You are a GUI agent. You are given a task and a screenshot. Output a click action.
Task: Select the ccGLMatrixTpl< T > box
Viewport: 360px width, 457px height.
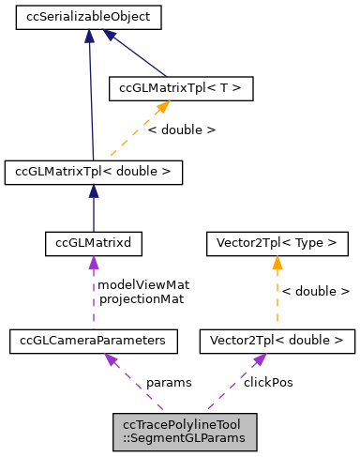pos(181,89)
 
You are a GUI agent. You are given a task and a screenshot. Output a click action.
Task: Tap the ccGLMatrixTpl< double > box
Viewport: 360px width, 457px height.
pos(93,172)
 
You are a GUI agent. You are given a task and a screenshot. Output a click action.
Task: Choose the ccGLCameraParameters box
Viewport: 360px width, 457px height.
pos(93,342)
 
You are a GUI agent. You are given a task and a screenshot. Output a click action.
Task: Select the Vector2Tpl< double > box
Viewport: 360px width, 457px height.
pos(277,342)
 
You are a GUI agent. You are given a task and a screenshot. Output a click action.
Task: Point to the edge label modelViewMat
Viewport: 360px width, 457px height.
pos(138,284)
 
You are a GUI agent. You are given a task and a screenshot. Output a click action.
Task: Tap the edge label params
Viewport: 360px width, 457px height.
pos(169,383)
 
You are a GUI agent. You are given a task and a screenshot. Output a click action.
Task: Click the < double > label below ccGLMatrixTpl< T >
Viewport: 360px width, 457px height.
pos(182,129)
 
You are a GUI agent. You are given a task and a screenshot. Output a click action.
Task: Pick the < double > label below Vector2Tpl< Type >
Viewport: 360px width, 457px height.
pos(316,292)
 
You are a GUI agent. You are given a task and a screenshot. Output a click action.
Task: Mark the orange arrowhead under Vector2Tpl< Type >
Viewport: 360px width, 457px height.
pos(277,264)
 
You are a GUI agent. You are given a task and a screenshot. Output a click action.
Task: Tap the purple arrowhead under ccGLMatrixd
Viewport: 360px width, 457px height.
pos(93,264)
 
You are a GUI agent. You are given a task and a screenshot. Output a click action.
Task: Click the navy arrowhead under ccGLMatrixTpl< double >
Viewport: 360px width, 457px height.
pos(93,190)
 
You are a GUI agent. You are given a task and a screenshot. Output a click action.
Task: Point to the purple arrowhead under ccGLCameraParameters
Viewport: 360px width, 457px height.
pos(111,360)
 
